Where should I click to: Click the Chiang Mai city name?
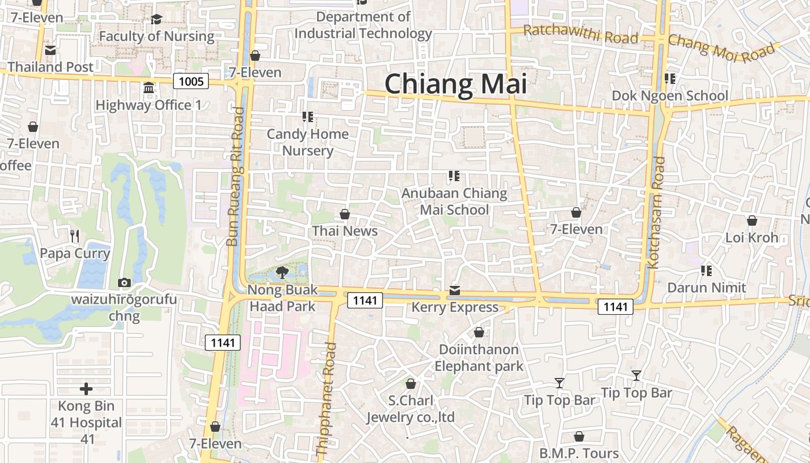[455, 84]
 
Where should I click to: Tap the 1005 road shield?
[191, 81]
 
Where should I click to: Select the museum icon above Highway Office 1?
[149, 88]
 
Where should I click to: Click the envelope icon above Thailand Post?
[50, 50]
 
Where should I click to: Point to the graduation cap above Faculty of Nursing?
[156, 20]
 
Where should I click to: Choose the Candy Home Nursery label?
[308, 142]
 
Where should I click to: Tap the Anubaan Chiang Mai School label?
[454, 201]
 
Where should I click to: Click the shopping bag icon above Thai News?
[345, 215]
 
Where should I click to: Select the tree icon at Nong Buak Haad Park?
[282, 272]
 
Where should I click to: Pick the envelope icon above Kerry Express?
[455, 290]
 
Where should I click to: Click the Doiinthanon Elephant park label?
[479, 358]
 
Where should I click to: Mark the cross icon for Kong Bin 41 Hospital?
[86, 389]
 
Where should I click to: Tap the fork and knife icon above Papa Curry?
[75, 236]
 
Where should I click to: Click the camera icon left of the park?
[124, 282]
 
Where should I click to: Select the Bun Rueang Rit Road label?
[235, 177]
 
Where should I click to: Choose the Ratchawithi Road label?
[580, 35]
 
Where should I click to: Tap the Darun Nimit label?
[706, 288]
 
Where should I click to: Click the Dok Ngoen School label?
[670, 95]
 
